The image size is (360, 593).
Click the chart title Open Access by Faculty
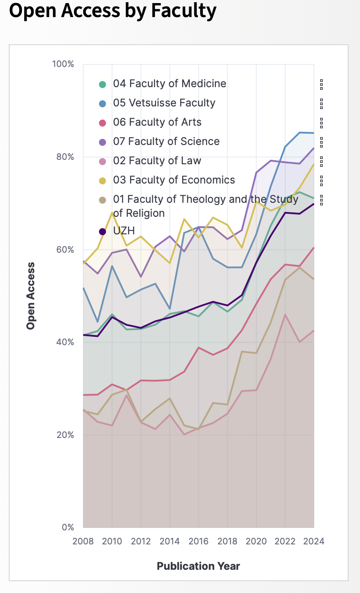point(113,11)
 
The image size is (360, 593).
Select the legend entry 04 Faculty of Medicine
point(169,84)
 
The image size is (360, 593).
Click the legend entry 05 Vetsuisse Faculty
point(164,103)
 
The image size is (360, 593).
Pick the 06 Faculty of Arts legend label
point(157,122)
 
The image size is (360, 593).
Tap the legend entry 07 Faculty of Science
point(166,141)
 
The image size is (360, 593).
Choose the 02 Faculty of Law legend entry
point(157,161)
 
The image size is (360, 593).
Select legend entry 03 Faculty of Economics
point(174,180)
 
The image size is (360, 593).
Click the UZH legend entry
point(124,231)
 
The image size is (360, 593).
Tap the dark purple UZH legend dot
point(102,231)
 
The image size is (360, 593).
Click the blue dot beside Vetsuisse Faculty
point(102,103)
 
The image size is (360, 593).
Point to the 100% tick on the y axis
point(63,64)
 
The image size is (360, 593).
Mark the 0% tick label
point(67,527)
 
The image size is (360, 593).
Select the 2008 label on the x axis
point(83,541)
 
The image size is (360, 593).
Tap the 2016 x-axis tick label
point(198,541)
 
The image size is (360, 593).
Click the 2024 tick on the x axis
point(314,541)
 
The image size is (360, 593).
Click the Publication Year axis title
point(198,566)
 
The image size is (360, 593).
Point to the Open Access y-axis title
point(31,296)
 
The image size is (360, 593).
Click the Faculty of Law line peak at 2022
point(285,314)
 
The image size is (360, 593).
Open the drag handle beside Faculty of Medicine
point(321,84)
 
